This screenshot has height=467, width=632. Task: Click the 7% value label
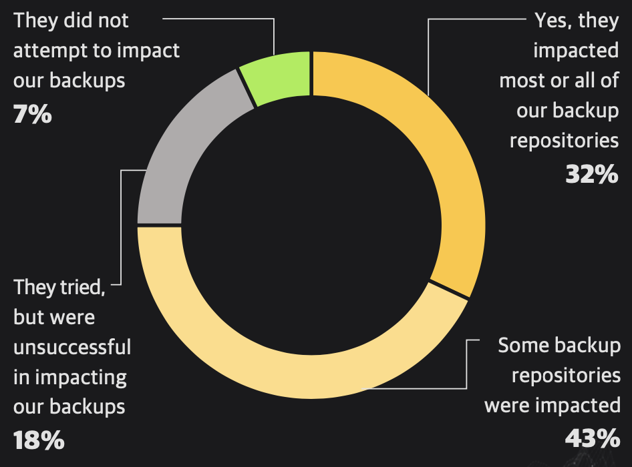[32, 114]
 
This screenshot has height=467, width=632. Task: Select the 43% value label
[592, 438]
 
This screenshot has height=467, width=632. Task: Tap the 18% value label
[39, 440]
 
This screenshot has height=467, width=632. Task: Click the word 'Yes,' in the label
[553, 21]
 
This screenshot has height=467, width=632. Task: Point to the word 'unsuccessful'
[72, 347]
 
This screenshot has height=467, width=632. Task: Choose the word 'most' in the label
[521, 81]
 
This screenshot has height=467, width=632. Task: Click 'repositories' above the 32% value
[565, 141]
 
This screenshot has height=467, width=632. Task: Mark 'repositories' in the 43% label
[566, 375]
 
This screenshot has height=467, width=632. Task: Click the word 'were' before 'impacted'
[506, 405]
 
